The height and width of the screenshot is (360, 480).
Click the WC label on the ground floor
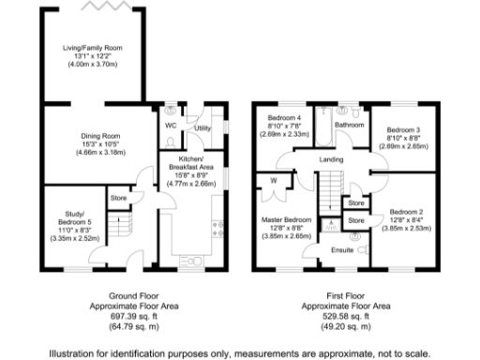tap(171, 125)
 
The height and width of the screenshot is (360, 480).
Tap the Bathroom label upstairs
tap(351, 125)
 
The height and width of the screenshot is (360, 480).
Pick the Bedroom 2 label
tap(407, 212)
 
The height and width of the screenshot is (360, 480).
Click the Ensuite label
tap(343, 250)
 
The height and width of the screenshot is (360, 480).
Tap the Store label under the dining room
tap(118, 198)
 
